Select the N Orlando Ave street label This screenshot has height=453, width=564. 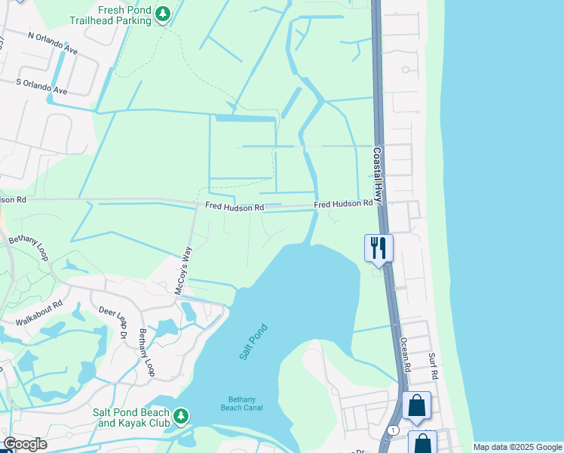[53, 42]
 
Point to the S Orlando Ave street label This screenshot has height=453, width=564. [41, 87]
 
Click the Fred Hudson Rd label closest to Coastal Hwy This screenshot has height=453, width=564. [343, 204]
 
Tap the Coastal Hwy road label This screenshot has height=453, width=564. [379, 171]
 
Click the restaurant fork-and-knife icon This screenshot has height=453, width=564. [378, 248]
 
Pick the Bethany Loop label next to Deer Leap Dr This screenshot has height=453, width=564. [146, 353]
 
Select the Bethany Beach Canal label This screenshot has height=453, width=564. [244, 403]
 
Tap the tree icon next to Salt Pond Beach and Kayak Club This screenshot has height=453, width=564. [180, 416]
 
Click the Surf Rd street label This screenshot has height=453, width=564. [433, 367]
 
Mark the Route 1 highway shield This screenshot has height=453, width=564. [393, 430]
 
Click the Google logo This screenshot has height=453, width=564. [25, 444]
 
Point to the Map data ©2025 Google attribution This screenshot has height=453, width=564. [516, 447]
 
